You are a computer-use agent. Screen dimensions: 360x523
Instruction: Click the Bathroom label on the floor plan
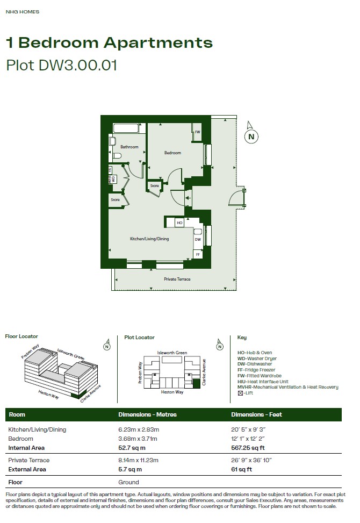pos(129,147)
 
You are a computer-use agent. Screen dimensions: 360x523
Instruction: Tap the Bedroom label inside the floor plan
pos(172,153)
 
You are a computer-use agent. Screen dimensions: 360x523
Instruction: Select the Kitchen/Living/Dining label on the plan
pos(149,239)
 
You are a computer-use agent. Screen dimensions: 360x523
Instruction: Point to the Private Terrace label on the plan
pos(177,279)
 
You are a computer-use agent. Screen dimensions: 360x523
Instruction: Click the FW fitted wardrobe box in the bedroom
pos(197,132)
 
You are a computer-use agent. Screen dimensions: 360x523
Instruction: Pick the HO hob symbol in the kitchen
pos(179,223)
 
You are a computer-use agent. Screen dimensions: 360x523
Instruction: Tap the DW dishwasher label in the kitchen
pos(198,240)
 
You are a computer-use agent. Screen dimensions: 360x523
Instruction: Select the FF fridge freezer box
pos(198,254)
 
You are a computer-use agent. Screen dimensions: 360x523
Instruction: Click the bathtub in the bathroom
pos(126,128)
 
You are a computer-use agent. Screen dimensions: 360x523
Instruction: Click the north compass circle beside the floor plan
pos(251,137)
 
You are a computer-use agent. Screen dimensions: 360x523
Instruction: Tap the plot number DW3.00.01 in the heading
pos(78,65)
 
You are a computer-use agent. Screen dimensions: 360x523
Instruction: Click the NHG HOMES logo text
pos(23,12)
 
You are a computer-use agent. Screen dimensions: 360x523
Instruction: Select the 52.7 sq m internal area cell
pos(132,448)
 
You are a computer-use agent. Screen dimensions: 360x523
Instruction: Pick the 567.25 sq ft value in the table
pos(248,448)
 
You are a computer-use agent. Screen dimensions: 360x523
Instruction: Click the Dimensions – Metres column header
pos(147,414)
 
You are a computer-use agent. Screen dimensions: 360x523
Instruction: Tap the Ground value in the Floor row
pos(128,482)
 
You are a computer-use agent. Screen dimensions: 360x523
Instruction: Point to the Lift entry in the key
pos(246,393)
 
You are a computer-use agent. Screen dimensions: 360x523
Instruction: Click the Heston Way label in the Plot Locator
pos(172,392)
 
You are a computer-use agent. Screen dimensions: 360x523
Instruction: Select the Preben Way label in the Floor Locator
pos(30,351)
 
